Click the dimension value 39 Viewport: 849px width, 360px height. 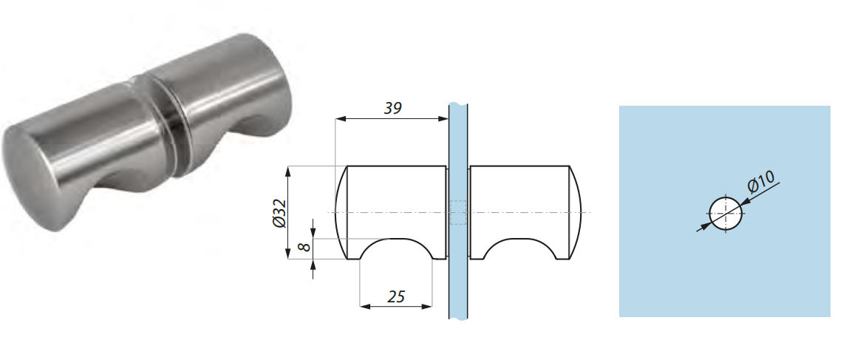pyautogui.click(x=392, y=108)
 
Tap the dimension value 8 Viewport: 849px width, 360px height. pyautogui.click(x=304, y=248)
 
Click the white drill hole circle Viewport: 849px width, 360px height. pyautogui.click(x=726, y=213)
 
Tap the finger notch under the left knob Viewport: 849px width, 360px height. pyautogui.click(x=395, y=250)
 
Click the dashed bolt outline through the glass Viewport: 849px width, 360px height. pyautogui.click(x=458, y=213)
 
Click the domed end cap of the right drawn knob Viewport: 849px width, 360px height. pyautogui.click(x=575, y=213)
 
